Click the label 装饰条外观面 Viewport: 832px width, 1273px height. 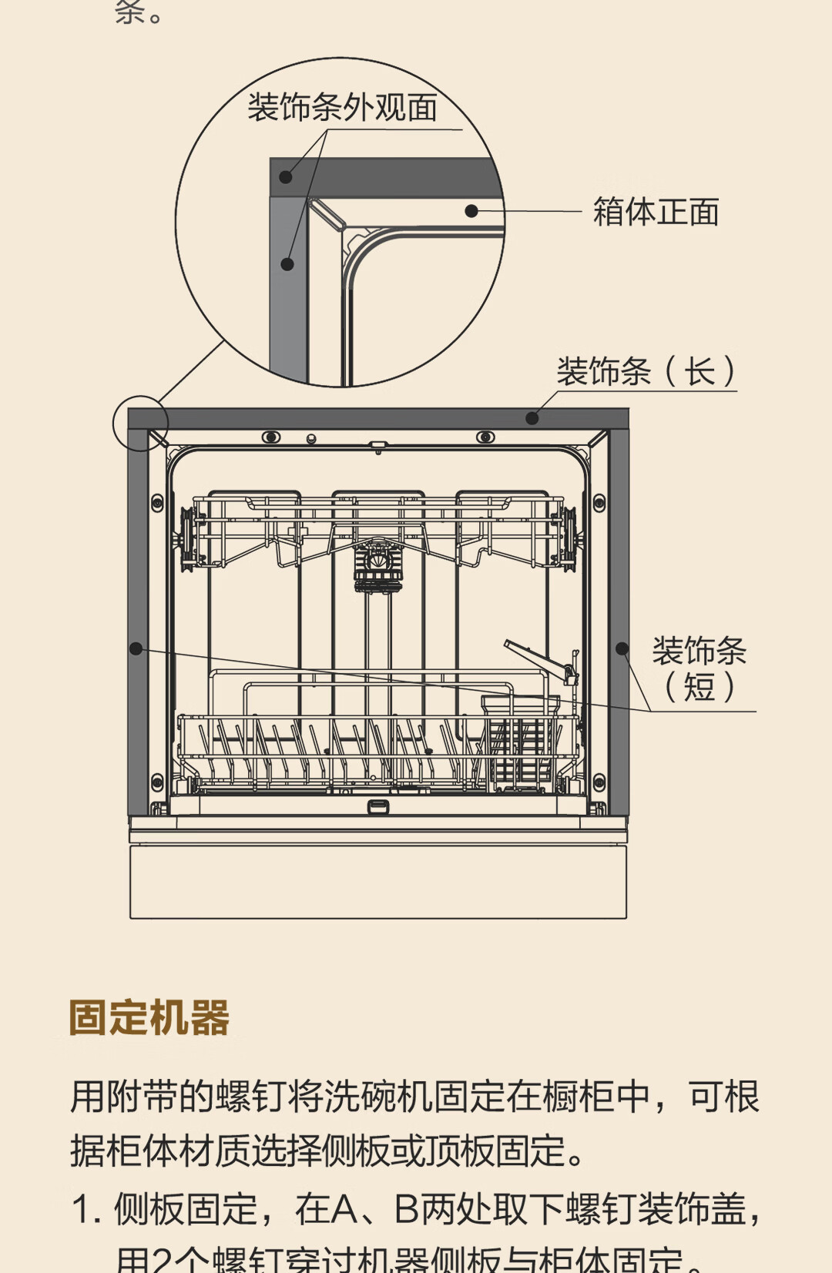click(x=342, y=107)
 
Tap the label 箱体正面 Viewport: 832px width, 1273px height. click(x=656, y=212)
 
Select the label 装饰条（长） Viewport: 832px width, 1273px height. click(x=646, y=372)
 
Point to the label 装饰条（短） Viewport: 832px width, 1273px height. click(x=699, y=668)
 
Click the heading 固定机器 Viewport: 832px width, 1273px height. click(x=149, y=1017)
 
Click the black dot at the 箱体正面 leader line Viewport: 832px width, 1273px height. click(x=471, y=210)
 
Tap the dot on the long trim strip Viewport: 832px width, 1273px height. click(x=532, y=418)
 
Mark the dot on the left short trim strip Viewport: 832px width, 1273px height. click(x=136, y=648)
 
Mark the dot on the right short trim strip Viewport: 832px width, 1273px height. click(x=622, y=648)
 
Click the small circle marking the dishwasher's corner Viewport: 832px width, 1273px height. click(x=140, y=423)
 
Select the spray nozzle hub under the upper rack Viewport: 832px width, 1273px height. click(x=377, y=567)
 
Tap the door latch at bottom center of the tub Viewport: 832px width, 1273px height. click(x=377, y=806)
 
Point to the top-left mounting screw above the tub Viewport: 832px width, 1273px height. click(x=271, y=437)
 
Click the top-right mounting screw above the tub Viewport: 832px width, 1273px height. click(x=485, y=437)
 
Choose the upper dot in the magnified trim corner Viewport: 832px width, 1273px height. click(x=286, y=176)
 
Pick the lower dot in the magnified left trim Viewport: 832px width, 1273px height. click(x=287, y=264)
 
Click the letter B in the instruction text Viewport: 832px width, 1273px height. click(x=406, y=1209)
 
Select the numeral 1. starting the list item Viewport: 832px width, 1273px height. click(x=86, y=1209)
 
